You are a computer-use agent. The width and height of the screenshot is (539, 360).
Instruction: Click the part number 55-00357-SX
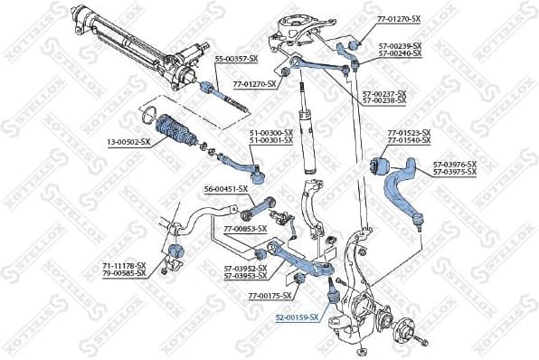(x=236, y=58)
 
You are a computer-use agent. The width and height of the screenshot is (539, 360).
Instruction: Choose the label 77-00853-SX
(x=245, y=229)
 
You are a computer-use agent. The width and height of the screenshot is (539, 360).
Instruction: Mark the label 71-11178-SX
(x=123, y=264)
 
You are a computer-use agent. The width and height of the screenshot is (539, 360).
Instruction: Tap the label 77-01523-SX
(x=409, y=133)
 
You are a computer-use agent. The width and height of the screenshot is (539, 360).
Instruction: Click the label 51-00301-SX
(x=271, y=140)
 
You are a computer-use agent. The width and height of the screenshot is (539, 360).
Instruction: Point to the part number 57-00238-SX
(x=384, y=100)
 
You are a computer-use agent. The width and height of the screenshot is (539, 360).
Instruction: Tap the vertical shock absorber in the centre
(x=305, y=136)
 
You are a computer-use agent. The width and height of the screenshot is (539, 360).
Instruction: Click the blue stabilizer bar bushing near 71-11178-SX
(x=175, y=249)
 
